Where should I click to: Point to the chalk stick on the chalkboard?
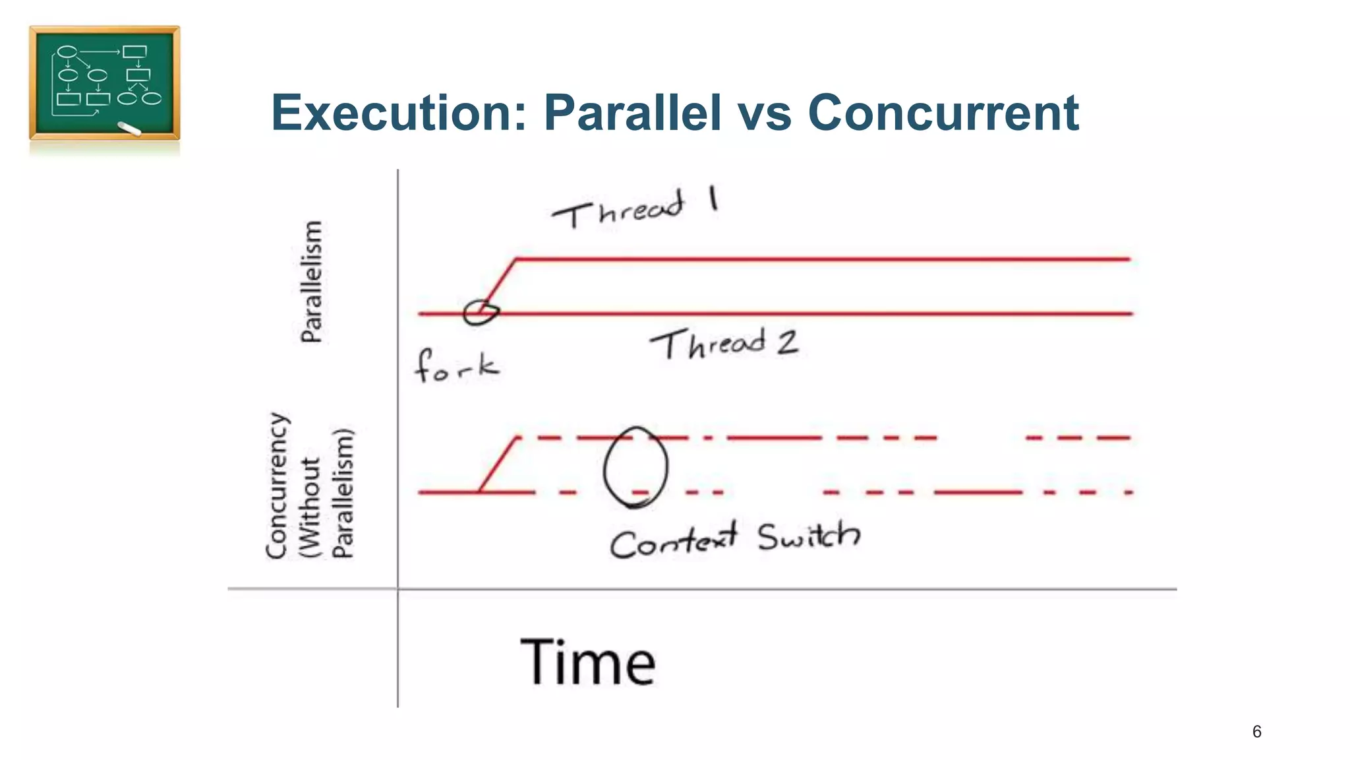[129, 129]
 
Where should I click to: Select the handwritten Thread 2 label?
[723, 344]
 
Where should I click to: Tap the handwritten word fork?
[456, 366]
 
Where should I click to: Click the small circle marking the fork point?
[480, 312]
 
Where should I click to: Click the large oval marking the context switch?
[635, 466]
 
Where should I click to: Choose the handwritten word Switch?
[808, 536]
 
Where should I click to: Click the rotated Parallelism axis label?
[311, 282]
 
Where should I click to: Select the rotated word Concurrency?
[277, 486]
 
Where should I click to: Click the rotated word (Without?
[310, 508]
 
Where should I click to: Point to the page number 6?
[1256, 732]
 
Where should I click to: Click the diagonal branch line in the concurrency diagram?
[498, 464]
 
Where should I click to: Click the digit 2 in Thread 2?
[787, 342]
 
